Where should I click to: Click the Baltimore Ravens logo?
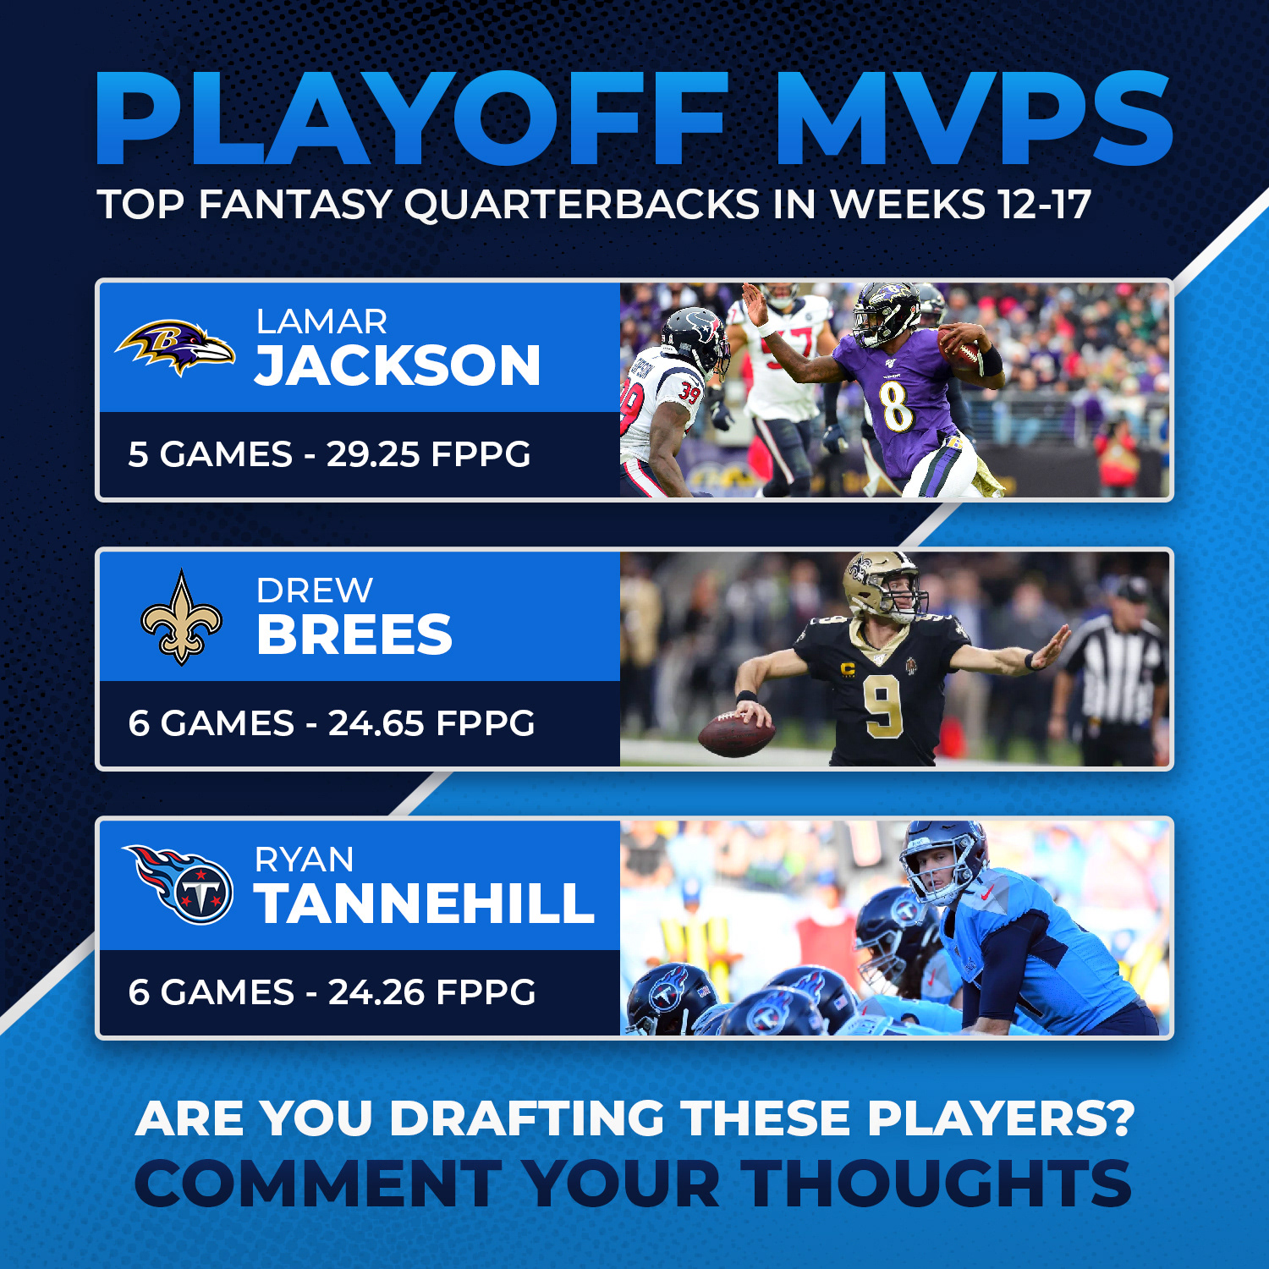[175, 347]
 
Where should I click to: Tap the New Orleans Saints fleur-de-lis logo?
[181, 618]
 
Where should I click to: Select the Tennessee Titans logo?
[179, 884]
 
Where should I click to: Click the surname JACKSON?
[398, 365]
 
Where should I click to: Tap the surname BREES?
[354, 634]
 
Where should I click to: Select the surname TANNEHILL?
[425, 904]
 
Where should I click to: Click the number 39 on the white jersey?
[690, 393]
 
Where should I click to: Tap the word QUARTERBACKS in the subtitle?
[582, 205]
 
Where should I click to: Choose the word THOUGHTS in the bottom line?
[937, 1184]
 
